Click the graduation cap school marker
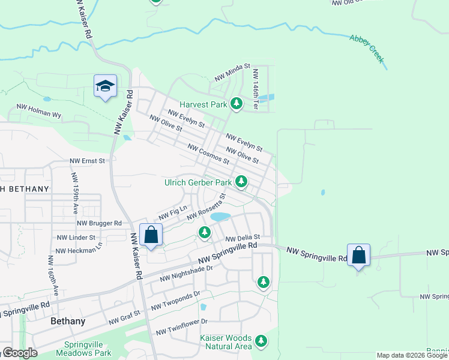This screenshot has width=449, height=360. (105, 86)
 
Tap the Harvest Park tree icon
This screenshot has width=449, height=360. (237, 104)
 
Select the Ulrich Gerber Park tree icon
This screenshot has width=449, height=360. (241, 181)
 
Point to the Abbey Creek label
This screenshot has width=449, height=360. (367, 49)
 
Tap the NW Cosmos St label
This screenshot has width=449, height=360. (208, 154)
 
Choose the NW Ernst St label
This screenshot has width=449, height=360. (87, 161)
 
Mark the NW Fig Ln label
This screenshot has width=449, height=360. (169, 212)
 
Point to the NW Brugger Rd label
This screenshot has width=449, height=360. (99, 223)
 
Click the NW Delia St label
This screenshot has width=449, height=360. (243, 238)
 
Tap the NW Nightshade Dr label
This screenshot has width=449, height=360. (187, 274)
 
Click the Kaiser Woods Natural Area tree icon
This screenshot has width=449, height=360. (261, 341)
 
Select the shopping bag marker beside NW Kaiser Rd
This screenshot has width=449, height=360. (151, 235)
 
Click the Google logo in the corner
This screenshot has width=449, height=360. (20, 353)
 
